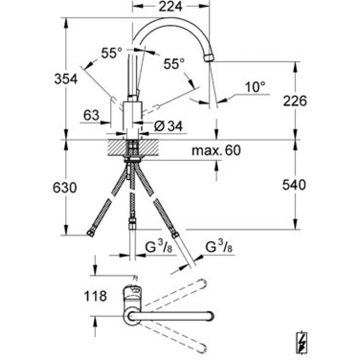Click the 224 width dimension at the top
point(171,6)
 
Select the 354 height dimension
point(66,79)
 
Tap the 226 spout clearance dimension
point(295,101)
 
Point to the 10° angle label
point(255,87)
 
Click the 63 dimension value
point(91,115)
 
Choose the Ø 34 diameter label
point(168,126)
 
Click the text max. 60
point(216,150)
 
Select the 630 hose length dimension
point(64,187)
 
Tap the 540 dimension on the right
point(294,184)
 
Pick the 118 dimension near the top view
point(95,296)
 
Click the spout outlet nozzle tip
point(209,58)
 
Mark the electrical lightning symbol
point(301,343)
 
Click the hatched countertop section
point(133,148)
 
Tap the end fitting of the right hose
point(175,234)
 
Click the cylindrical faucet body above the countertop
point(133,120)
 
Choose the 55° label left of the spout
point(112,53)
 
